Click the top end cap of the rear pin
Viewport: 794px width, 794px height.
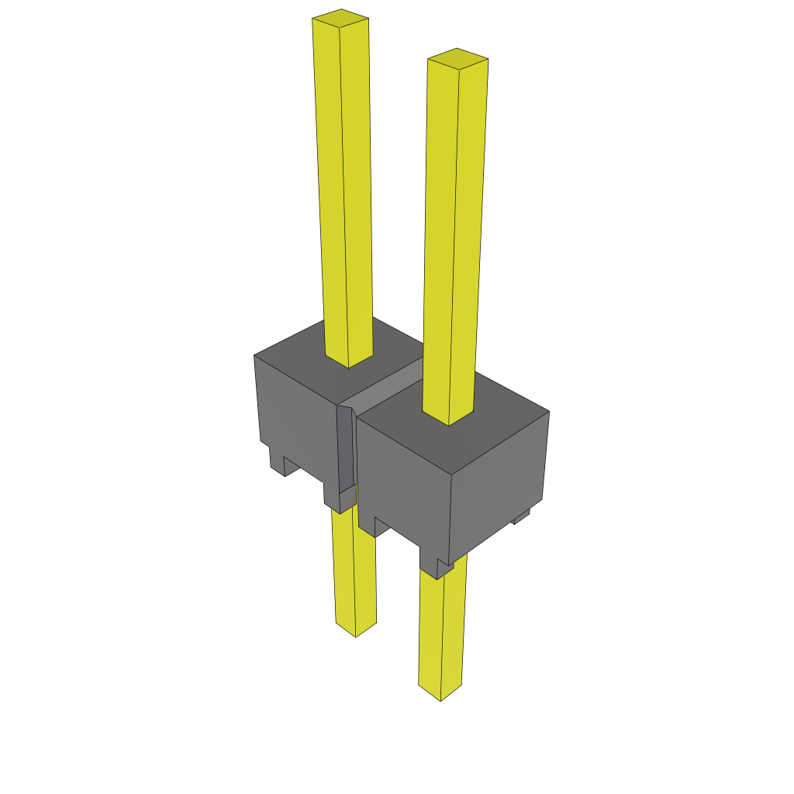point(340,16)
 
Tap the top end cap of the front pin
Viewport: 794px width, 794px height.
point(457,58)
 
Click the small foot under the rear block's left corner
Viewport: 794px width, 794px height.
point(277,461)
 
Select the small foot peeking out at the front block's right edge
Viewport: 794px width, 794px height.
point(521,514)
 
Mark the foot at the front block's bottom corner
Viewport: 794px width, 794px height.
point(434,562)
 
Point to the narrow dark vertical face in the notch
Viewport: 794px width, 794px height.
point(345,450)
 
